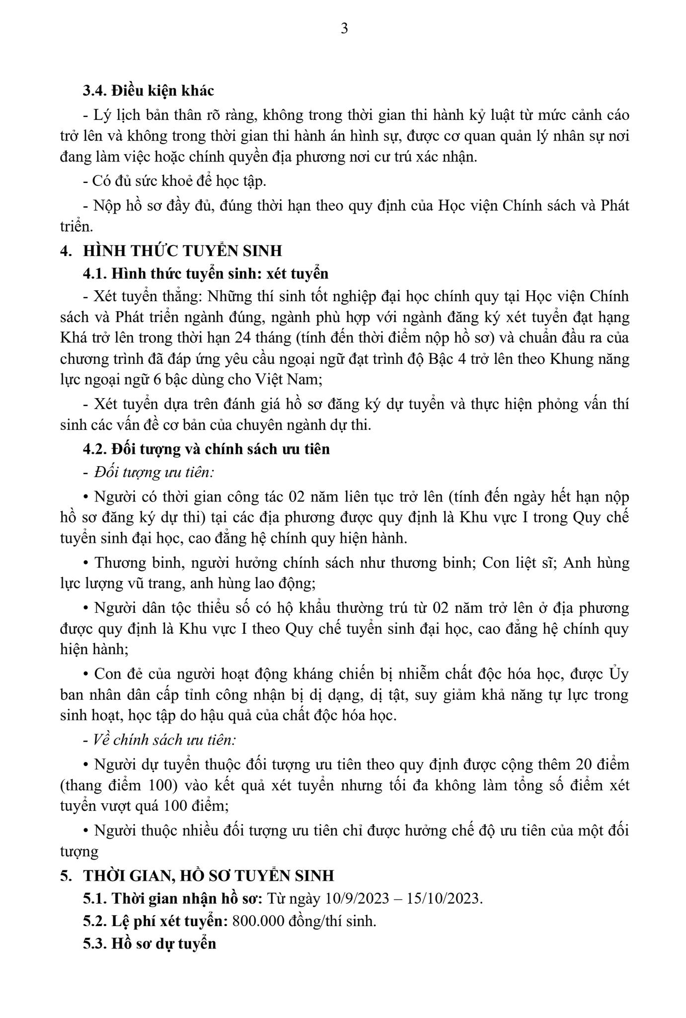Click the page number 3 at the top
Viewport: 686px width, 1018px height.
click(344, 29)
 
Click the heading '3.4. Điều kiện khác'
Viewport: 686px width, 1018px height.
click(148, 91)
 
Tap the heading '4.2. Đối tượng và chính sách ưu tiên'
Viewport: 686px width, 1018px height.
click(206, 449)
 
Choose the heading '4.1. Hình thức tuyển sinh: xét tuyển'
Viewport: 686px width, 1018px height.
click(206, 273)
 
